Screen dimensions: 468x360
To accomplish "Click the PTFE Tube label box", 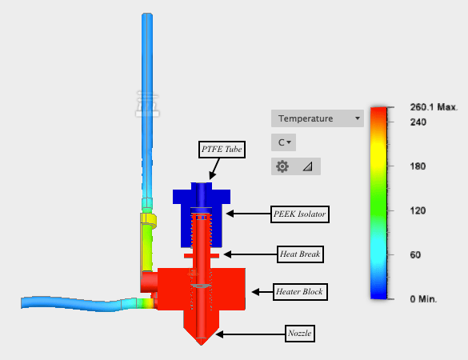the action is (x=222, y=150).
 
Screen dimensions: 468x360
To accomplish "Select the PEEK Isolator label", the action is (x=300, y=214).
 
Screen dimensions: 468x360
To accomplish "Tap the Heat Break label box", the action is (x=300, y=254).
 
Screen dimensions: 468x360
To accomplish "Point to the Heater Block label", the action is (x=300, y=292).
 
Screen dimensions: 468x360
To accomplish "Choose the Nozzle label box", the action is (x=300, y=334).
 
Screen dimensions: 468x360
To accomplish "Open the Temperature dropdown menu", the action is (x=318, y=118).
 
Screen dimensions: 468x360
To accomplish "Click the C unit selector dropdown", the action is (x=283, y=142).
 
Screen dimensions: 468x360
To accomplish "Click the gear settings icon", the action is (x=282, y=166).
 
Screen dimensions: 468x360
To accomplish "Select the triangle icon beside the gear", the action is (x=308, y=166).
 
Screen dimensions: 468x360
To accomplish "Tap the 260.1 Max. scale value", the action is (x=434, y=107).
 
